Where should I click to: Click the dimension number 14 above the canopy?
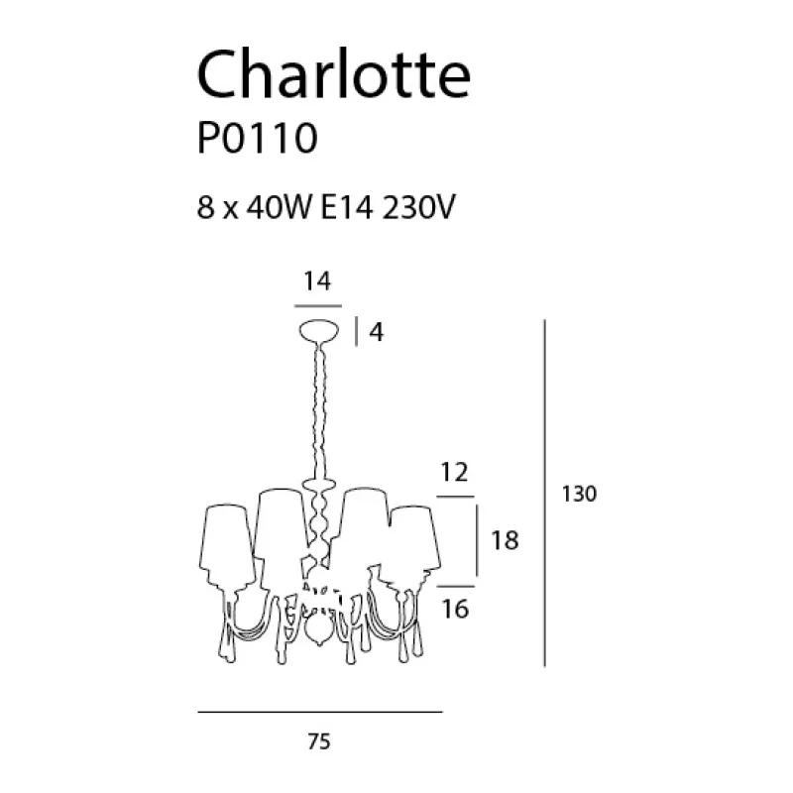(x=315, y=283)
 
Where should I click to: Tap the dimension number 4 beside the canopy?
(x=376, y=333)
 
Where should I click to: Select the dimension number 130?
(x=578, y=494)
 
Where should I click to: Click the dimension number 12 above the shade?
(x=455, y=473)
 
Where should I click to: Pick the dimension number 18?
(x=506, y=540)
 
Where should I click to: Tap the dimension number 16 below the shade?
(x=455, y=608)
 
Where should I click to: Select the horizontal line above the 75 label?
(x=319, y=712)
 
